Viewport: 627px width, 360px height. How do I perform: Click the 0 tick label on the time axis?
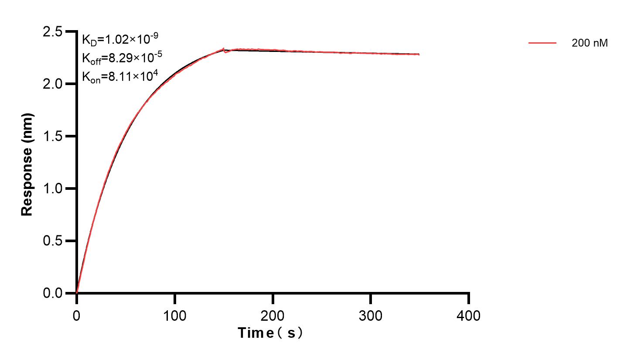[x=77, y=315]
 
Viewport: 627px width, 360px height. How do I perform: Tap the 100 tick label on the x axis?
[x=174, y=315]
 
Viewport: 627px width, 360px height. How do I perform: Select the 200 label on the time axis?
[x=273, y=315]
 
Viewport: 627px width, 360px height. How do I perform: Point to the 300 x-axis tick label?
[x=371, y=315]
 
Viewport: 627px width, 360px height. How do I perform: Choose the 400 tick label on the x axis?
[x=469, y=315]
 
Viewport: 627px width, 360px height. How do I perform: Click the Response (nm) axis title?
[x=27, y=164]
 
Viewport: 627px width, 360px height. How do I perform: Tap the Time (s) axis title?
[x=270, y=333]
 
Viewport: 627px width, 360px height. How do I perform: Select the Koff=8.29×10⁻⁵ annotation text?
[x=117, y=58]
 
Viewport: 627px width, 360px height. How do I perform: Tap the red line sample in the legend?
[x=542, y=43]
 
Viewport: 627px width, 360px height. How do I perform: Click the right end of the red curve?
[x=419, y=55]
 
